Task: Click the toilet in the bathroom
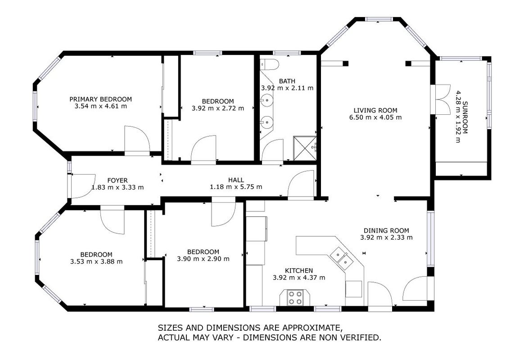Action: click(269, 64)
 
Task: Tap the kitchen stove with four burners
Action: click(295, 298)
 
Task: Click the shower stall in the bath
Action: click(304, 148)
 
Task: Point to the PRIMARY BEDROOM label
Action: click(100, 99)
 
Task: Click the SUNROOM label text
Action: click(465, 117)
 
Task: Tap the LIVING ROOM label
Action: click(375, 110)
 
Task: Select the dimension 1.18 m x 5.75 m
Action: click(236, 187)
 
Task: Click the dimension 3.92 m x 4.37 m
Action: click(299, 278)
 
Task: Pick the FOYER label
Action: click(117, 180)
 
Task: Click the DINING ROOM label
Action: click(386, 230)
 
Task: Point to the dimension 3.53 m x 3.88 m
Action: click(96, 261)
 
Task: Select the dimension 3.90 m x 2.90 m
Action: click(203, 259)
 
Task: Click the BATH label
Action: click(287, 81)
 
